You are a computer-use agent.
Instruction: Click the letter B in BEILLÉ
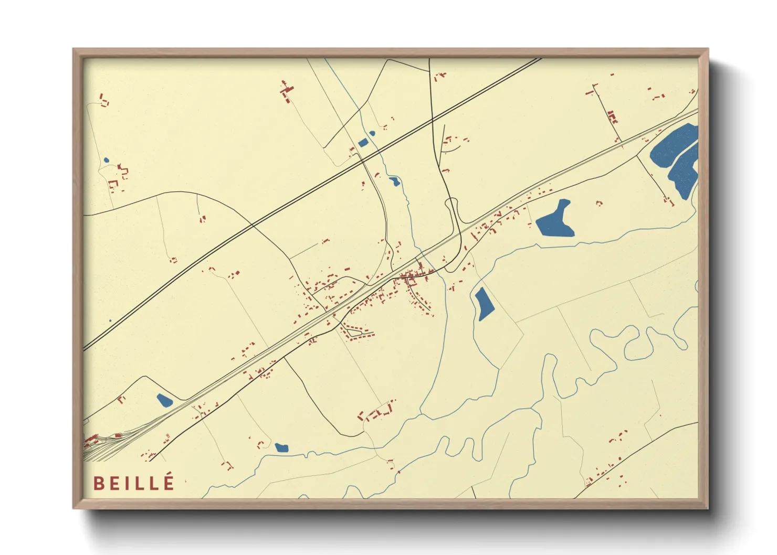click(98, 483)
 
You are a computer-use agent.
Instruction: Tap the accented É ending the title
click(168, 482)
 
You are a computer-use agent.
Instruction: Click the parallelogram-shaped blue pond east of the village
click(484, 304)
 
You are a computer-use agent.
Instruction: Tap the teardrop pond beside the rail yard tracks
click(164, 401)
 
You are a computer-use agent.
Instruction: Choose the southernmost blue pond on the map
click(281, 447)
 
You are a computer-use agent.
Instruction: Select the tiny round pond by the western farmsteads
click(106, 161)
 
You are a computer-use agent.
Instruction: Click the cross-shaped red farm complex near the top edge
click(287, 91)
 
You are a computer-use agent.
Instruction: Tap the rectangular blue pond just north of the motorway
click(362, 142)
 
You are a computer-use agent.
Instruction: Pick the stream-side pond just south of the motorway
click(394, 182)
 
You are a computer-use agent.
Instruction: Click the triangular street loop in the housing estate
click(355, 332)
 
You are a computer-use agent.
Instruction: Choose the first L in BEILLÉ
click(141, 483)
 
